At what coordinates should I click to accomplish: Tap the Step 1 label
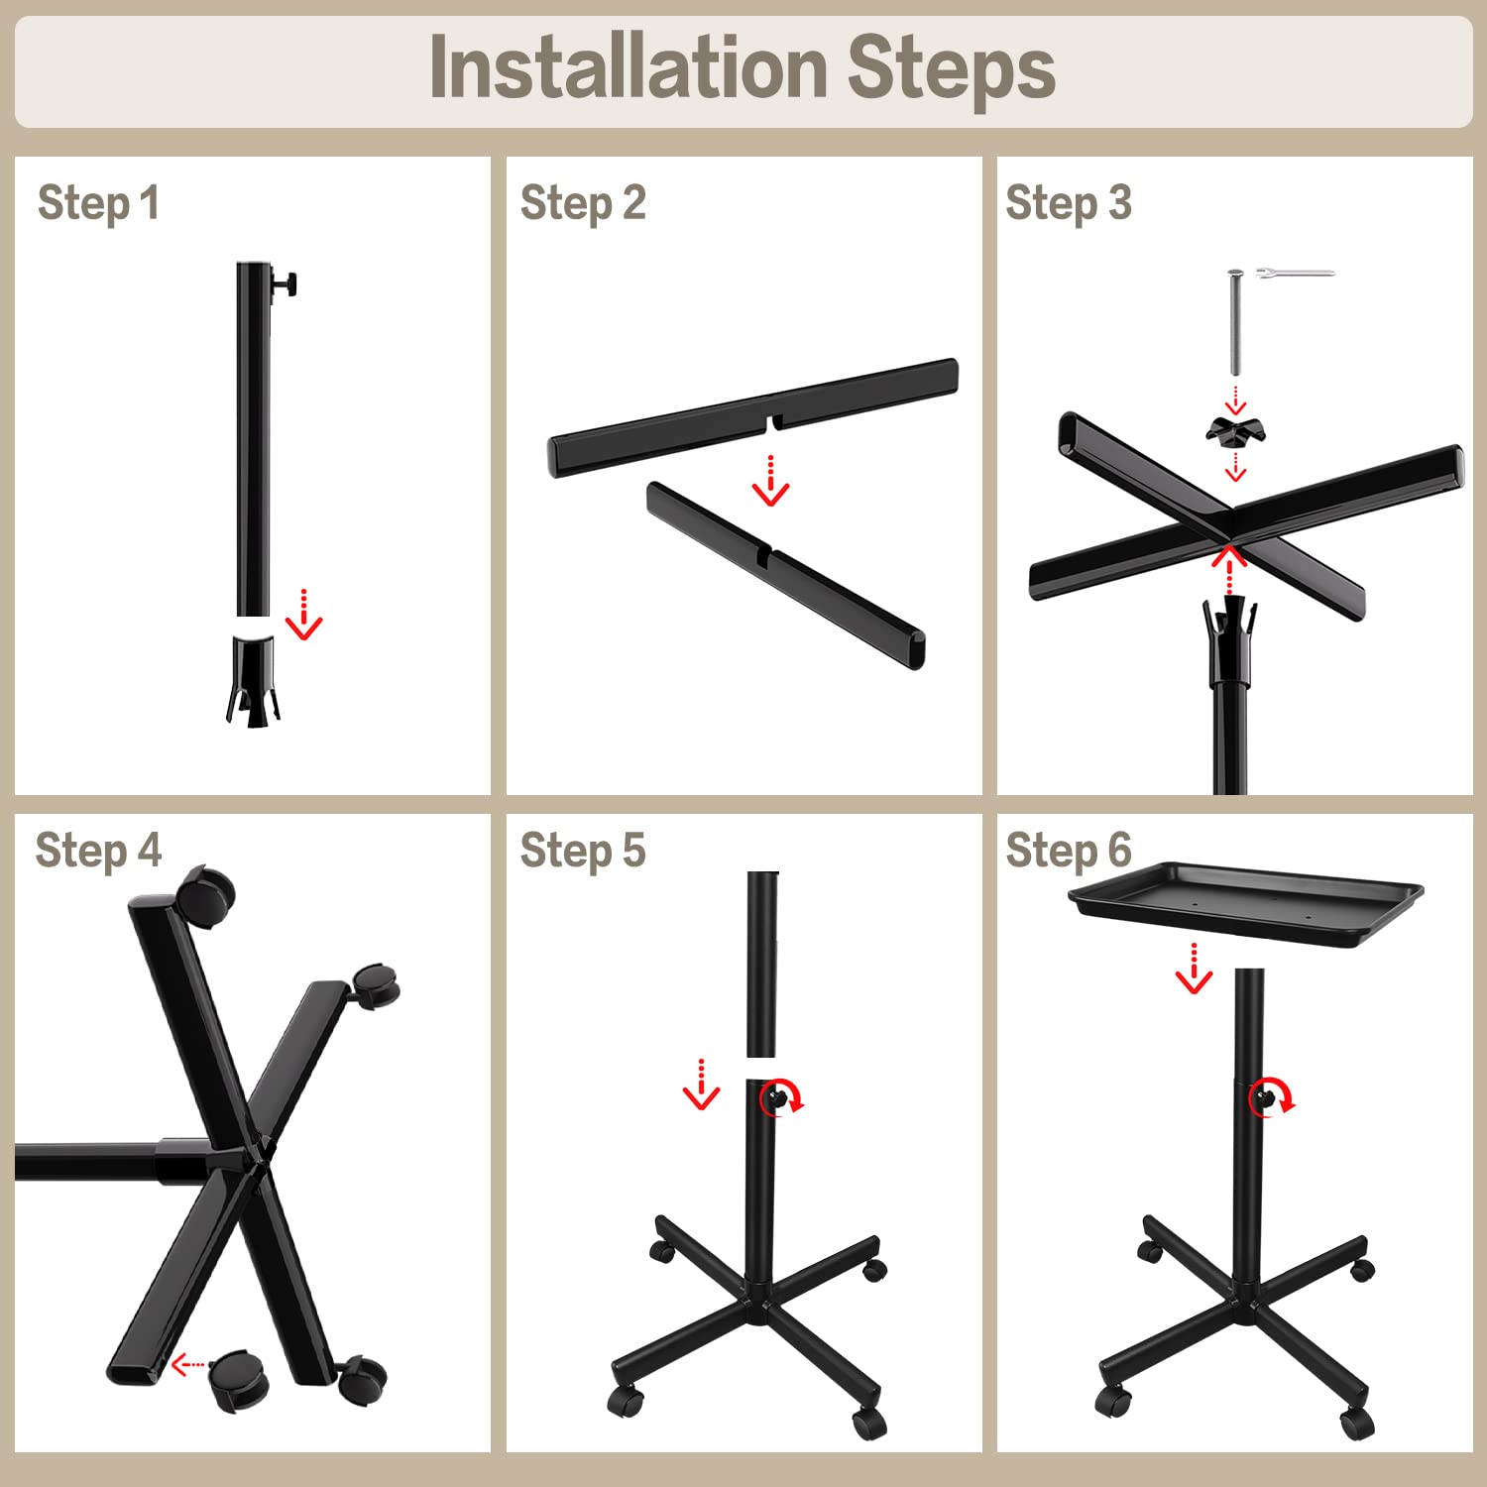tap(98, 203)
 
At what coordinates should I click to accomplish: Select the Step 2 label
tap(583, 203)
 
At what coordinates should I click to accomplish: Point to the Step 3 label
tap(1068, 203)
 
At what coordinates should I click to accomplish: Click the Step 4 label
tap(98, 851)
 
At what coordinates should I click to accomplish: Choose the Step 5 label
tap(583, 851)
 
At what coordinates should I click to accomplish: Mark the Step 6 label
tap(1068, 851)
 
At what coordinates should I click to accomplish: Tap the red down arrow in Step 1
tap(303, 615)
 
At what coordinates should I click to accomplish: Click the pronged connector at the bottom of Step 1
tap(252, 680)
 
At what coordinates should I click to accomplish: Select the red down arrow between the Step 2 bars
tap(770, 481)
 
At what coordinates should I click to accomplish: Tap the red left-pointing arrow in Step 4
tap(189, 1366)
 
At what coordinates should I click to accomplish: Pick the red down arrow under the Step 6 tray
tap(1194, 968)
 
